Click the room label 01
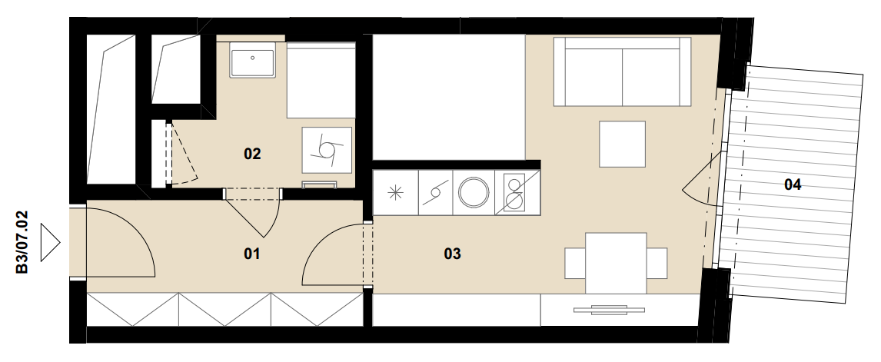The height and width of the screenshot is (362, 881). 251,254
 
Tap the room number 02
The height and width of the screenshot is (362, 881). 252,154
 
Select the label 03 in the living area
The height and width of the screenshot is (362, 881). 452,254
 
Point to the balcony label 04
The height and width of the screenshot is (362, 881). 793,184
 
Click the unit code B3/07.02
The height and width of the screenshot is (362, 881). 22,242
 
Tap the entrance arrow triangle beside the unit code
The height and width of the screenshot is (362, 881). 51,242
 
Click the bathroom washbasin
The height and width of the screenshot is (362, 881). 252,64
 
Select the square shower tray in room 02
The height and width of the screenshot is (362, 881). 327,150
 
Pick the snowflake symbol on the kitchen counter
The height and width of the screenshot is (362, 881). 396,192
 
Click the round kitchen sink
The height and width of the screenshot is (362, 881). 474,192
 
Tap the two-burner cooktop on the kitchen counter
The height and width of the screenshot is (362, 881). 514,193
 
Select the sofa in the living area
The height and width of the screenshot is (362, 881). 622,71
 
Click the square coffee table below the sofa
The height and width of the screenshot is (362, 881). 622,144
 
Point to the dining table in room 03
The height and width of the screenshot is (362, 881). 616,263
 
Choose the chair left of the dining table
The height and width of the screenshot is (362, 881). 575,263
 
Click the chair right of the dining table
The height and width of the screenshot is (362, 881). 657,263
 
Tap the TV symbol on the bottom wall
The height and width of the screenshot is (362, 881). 609,310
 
